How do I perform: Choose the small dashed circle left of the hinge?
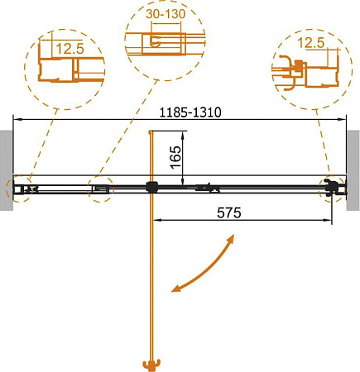coord(101,188)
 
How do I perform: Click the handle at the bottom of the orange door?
coord(151,364)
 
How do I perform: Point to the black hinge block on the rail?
coord(151,188)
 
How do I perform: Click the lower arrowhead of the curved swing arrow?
coord(175,289)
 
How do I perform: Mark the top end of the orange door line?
coord(150,132)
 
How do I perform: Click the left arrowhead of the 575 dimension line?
coord(155,221)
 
